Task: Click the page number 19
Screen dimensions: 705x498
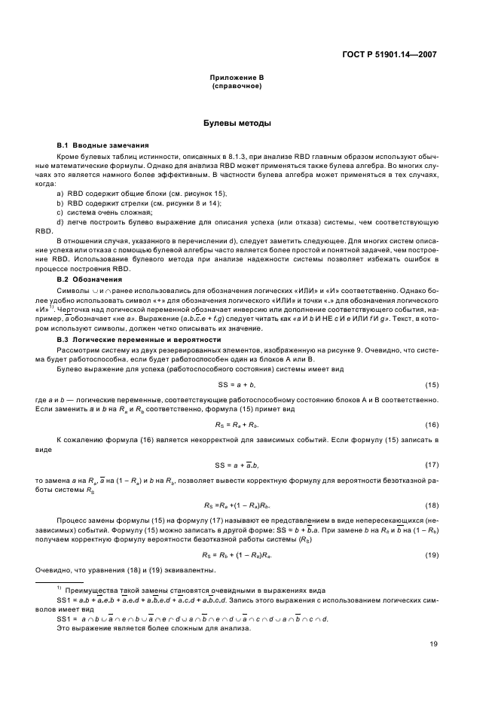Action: pyautogui.click(x=434, y=644)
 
